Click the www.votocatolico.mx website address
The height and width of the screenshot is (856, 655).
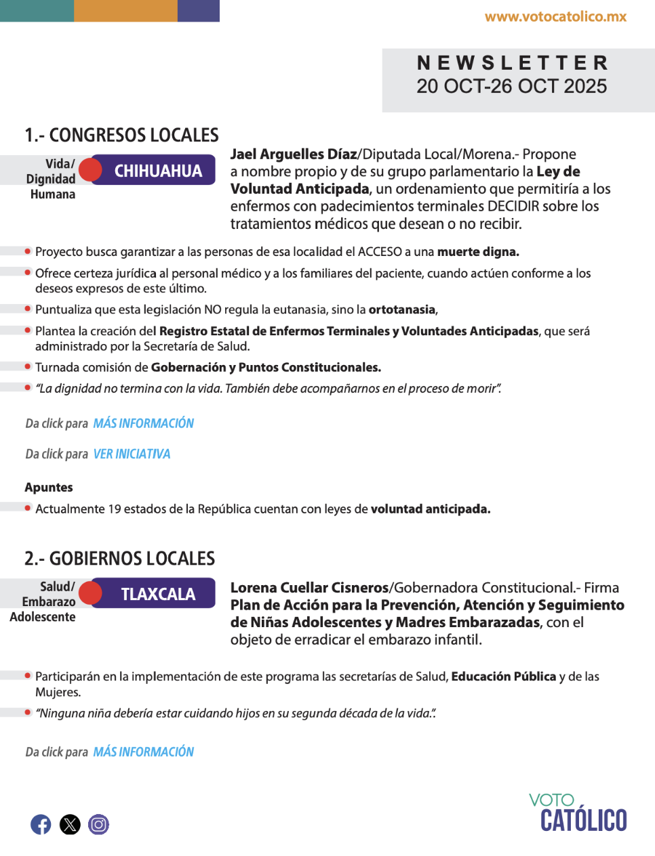coord(555,17)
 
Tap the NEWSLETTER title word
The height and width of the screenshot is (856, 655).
coord(512,63)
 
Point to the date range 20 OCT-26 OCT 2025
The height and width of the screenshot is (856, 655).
coord(512,87)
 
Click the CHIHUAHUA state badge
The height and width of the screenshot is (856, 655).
coord(158,171)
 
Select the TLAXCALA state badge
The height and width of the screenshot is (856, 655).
coord(158,594)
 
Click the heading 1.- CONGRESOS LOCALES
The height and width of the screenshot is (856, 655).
coord(122,135)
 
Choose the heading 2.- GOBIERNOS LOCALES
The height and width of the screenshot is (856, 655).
coord(120,559)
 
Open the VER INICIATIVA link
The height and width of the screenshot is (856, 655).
coord(132,454)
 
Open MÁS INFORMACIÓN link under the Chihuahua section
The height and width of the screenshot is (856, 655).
coord(144,423)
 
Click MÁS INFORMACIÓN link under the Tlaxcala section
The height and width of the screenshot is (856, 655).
coord(144,752)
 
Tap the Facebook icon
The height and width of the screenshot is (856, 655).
coord(41,824)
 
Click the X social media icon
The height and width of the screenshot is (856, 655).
coord(70,824)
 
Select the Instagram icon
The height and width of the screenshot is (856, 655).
coord(98,824)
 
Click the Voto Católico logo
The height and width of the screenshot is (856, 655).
coord(578,813)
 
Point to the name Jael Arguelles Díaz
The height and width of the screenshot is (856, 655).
coord(294,154)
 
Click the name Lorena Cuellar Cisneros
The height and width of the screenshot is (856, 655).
coord(310,588)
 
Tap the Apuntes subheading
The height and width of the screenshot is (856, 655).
coord(49,488)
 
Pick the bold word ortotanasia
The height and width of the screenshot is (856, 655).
coord(402,309)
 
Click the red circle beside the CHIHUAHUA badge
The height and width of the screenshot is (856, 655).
coord(90,170)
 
